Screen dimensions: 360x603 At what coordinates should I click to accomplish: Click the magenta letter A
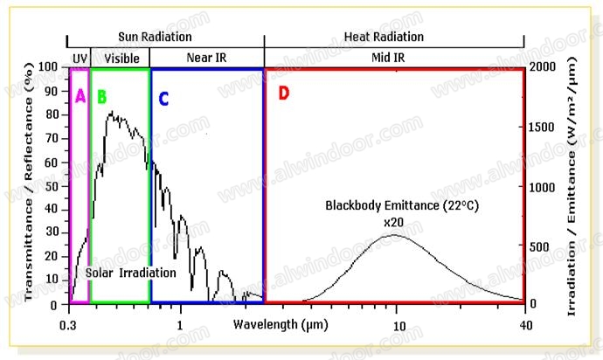click(80, 96)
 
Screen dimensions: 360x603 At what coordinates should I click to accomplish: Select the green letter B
click(101, 96)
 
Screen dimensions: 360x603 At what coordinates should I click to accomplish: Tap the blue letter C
click(163, 97)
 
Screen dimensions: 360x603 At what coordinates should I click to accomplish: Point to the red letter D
click(283, 93)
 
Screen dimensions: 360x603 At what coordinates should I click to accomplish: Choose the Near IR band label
click(206, 58)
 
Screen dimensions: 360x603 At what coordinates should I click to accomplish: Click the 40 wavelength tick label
click(523, 324)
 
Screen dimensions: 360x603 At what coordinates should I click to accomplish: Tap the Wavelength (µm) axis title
click(274, 324)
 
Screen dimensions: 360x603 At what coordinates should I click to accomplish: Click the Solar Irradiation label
click(131, 273)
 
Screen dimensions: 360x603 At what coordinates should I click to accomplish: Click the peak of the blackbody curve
click(396, 234)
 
